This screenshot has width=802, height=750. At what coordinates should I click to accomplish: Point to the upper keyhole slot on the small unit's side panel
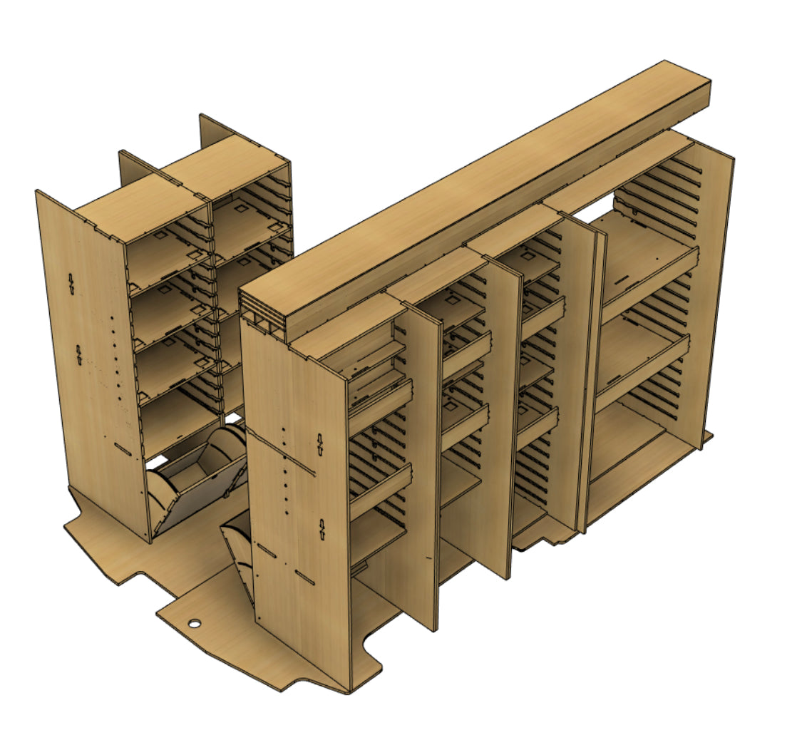pos(71,283)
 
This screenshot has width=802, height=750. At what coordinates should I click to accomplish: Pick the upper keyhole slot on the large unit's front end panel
pos(320,444)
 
